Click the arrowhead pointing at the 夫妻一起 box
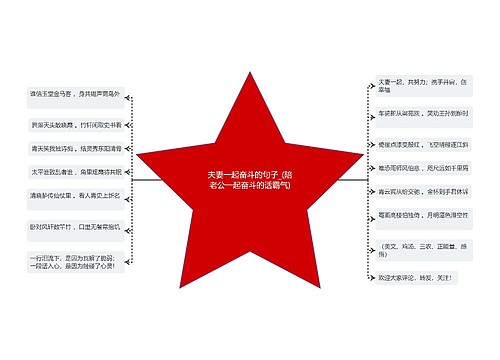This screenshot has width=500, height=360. point(365,85)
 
